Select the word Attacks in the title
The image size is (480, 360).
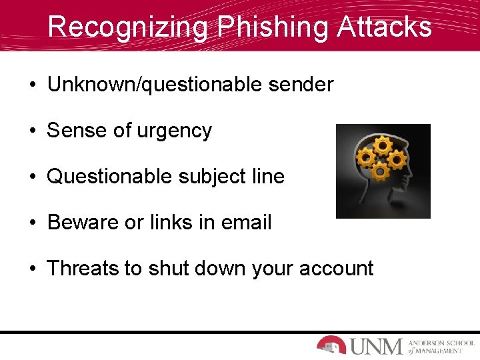point(385,27)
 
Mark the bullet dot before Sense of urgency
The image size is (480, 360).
point(32,131)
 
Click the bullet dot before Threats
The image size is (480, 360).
point(32,269)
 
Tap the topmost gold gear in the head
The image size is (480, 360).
point(383,145)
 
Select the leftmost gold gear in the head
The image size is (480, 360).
point(365,157)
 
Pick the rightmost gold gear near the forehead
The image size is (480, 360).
point(397,159)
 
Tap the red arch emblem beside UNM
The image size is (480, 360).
point(331,345)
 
